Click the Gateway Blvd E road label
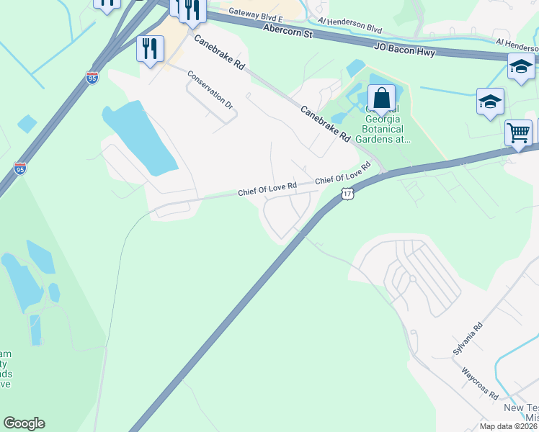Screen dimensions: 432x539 tap(254, 12)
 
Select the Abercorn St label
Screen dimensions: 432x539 tap(288, 31)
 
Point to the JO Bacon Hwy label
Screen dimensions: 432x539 tap(404, 52)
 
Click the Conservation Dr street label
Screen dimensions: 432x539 tap(211, 90)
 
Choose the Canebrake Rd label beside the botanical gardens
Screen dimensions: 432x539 tap(325, 124)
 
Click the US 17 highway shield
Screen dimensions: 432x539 tap(348, 194)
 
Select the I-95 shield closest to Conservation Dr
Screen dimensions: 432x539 tap(92, 78)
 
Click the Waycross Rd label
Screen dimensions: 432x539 tap(480, 384)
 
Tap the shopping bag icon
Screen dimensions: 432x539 tap(381, 98)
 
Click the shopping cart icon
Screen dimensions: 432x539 tap(518, 132)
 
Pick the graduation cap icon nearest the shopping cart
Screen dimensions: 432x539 tap(490, 102)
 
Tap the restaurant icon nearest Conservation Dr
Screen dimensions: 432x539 tap(150, 49)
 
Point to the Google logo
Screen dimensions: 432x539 tap(24, 423)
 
